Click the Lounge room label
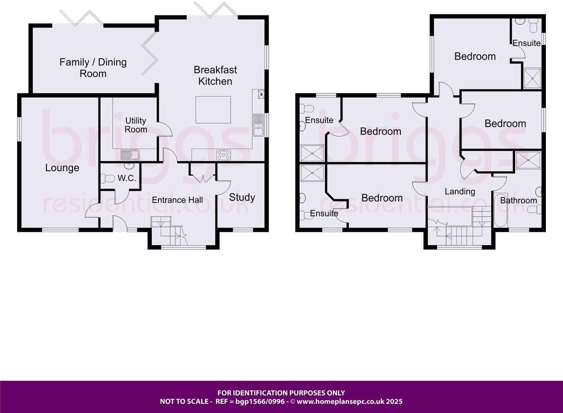pos(62,168)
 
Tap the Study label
pos(242,197)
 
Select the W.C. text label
pos(126,178)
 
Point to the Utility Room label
pos(136,125)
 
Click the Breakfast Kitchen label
pos(215,76)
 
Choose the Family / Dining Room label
pos(93,68)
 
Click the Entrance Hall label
pos(177,200)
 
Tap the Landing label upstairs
pos(460,192)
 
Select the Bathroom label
pos(518,200)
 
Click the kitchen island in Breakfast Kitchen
pos(214,109)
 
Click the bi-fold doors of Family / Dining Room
pos(82,18)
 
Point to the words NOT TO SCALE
pos(184,402)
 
